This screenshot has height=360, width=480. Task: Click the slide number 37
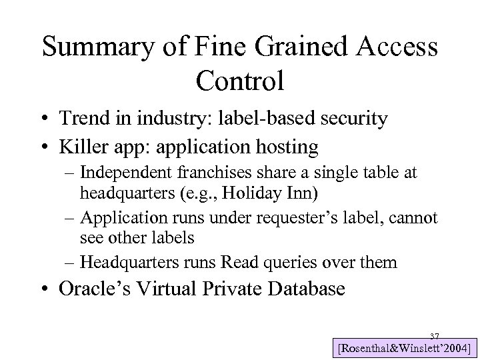[435, 335]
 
